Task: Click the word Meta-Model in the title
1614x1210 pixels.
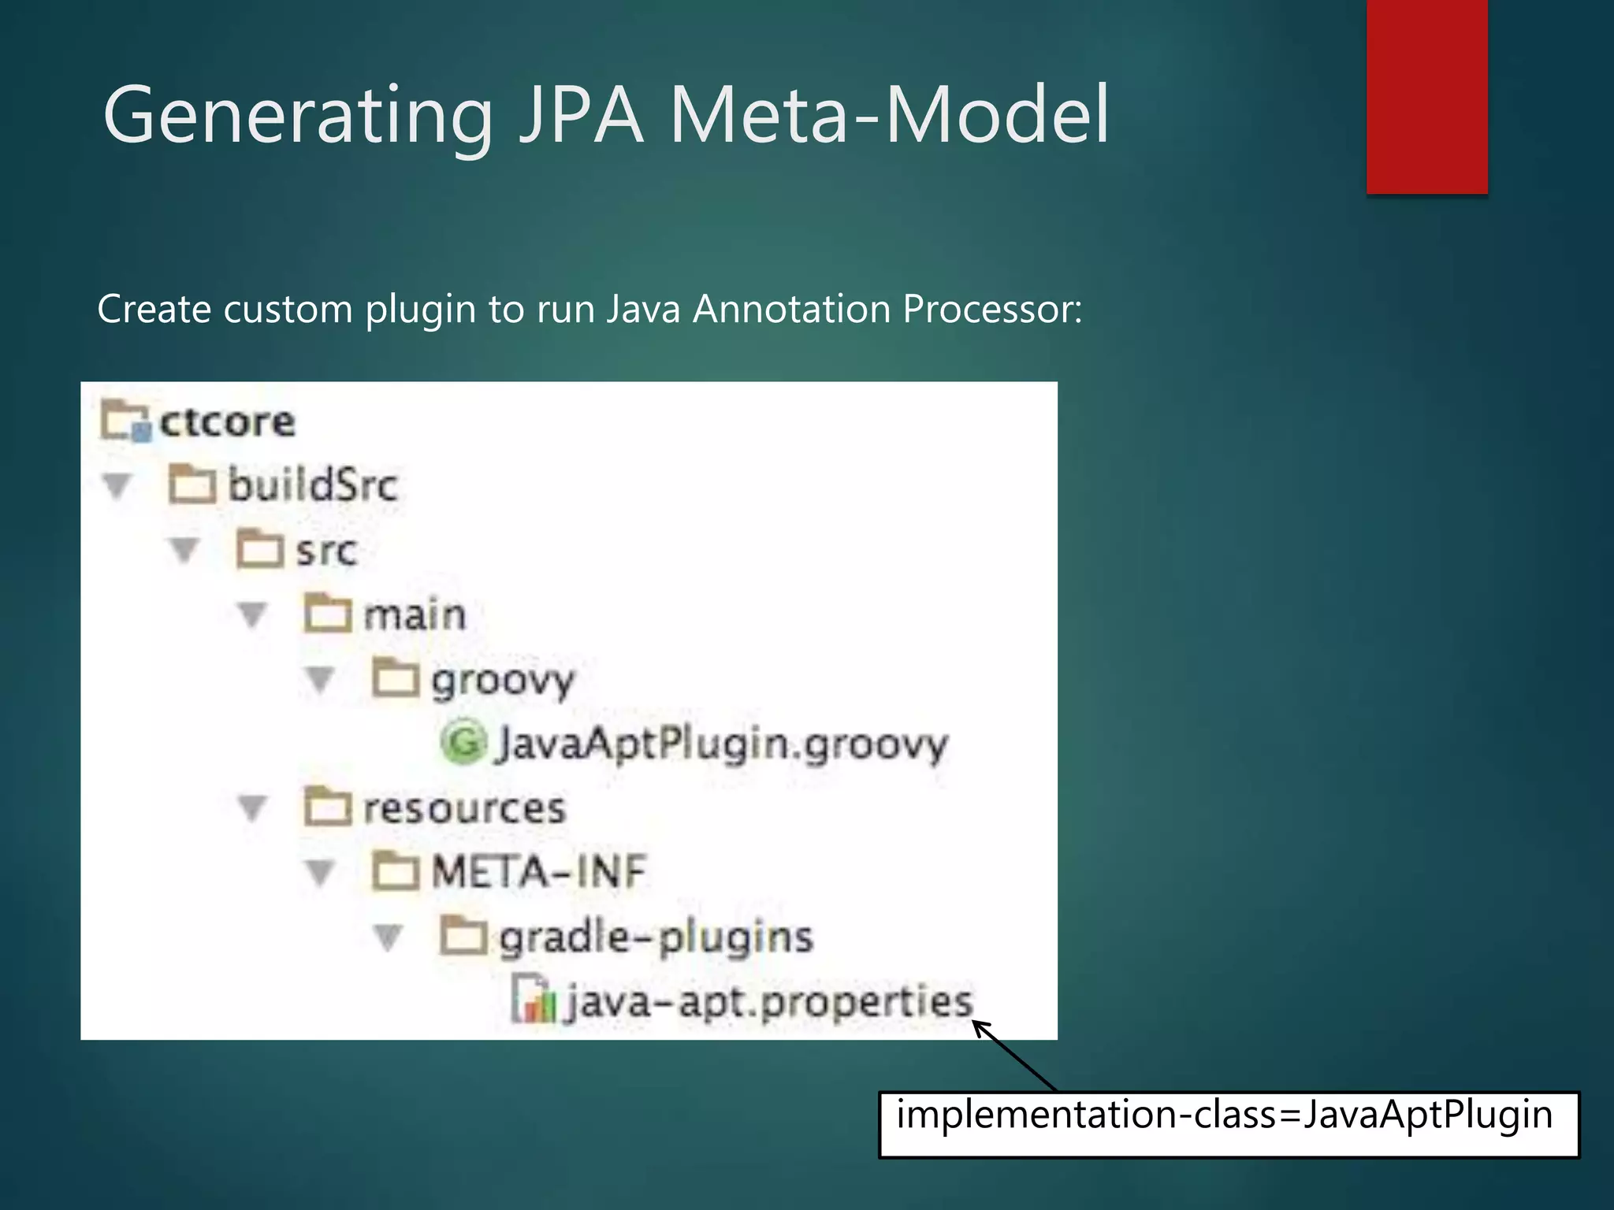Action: coord(889,117)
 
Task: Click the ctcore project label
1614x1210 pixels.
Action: coord(227,422)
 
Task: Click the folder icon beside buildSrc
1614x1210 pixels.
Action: coord(192,484)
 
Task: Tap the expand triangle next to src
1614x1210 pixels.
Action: coord(184,550)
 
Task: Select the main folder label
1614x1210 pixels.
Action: coord(415,614)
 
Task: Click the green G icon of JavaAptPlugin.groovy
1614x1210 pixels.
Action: coord(463,742)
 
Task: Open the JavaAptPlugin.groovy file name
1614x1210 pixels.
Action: coord(722,744)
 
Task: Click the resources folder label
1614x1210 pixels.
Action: coord(464,808)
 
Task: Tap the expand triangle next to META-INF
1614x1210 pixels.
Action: coord(320,873)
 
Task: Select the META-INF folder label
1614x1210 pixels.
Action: coord(539,873)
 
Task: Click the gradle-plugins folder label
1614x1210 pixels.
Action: coord(656,937)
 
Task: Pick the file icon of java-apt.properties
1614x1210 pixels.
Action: coord(533,1000)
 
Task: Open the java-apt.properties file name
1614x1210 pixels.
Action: coord(769,1002)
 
